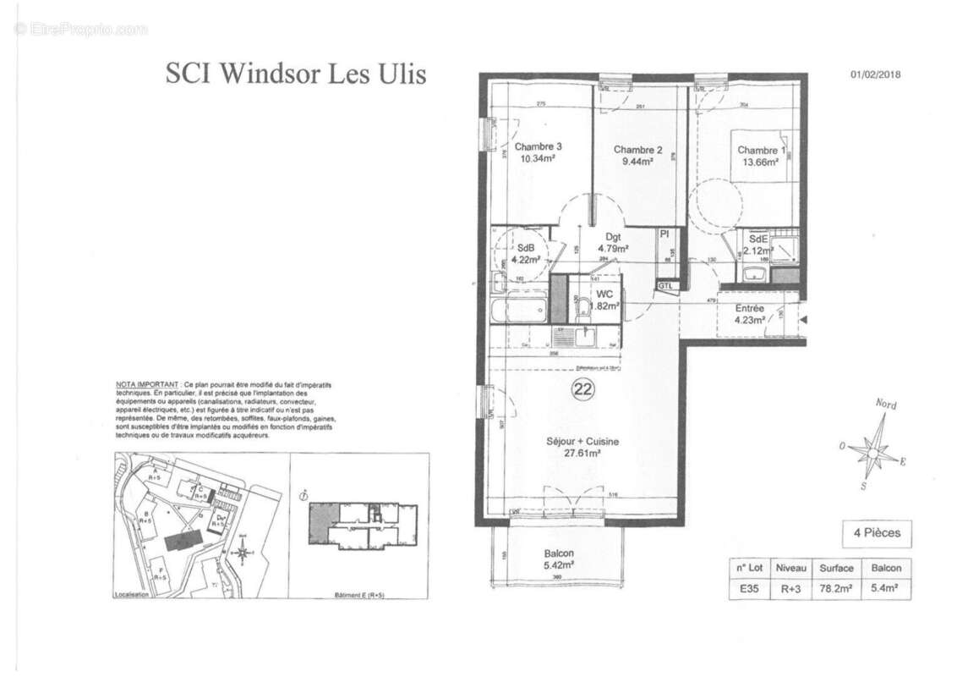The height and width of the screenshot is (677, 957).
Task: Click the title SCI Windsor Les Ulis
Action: pos(296,74)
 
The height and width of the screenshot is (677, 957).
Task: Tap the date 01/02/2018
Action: pos(875,74)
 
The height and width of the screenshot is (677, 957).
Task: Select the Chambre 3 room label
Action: pos(538,146)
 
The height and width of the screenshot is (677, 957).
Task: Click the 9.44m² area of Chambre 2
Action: pos(633,162)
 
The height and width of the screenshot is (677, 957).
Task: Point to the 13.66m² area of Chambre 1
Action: pos(757,163)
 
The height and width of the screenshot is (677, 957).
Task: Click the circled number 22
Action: pos(582,389)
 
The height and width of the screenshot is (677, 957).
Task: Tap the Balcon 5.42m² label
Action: pos(559,560)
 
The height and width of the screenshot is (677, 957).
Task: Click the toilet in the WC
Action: pos(582,308)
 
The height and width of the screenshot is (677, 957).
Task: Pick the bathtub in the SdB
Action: pos(518,309)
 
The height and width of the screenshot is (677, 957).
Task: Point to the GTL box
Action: pos(667,287)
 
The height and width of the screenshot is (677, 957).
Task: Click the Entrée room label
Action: pos(749,309)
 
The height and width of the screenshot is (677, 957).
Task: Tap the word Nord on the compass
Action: pos(885,405)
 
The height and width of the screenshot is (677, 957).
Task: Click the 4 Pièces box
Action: pos(877,533)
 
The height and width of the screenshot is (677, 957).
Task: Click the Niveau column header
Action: pos(791,568)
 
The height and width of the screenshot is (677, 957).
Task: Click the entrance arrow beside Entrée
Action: pos(803,320)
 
